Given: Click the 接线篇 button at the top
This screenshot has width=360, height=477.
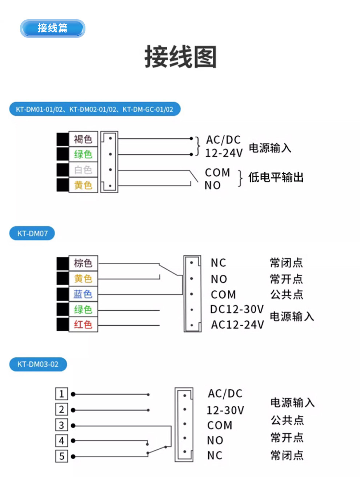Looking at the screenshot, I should pyautogui.click(x=52, y=28).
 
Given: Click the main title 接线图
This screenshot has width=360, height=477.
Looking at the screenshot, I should pyautogui.click(x=180, y=57).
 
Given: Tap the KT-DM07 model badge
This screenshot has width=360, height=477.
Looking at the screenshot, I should pyautogui.click(x=32, y=233).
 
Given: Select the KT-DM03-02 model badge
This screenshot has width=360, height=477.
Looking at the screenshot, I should pyautogui.click(x=38, y=364).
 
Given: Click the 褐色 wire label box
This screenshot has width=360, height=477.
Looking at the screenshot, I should pyautogui.click(x=83, y=139).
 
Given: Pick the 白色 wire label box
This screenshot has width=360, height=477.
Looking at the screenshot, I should pyautogui.click(x=83, y=170).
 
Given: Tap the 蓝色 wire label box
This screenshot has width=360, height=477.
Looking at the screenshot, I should pyautogui.click(x=83, y=294).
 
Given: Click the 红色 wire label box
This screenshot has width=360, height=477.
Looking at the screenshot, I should pyautogui.click(x=83, y=324).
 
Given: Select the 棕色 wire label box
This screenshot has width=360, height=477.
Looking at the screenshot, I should pyautogui.click(x=83, y=263).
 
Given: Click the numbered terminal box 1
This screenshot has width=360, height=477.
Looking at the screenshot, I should pyautogui.click(x=61, y=394).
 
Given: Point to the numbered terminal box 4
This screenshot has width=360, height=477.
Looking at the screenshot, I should pyautogui.click(x=61, y=441).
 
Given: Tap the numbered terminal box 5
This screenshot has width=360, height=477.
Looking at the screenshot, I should pyautogui.click(x=61, y=456).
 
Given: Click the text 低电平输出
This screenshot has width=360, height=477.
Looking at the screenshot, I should pyautogui.click(x=276, y=178).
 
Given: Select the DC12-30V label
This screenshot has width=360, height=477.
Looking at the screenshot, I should pyautogui.click(x=237, y=309).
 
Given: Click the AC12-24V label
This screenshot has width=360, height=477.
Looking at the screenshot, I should pyautogui.click(x=237, y=325).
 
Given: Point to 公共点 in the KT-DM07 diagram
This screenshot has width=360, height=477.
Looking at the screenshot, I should pyautogui.click(x=286, y=294).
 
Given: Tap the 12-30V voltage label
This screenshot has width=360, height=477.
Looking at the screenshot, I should pyautogui.click(x=225, y=410).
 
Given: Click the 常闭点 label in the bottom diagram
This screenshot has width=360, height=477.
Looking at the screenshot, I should pyautogui.click(x=287, y=455).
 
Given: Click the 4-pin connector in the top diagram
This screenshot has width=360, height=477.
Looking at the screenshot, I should pyautogui.click(x=109, y=162).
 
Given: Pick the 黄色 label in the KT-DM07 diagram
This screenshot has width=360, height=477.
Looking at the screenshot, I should pyautogui.click(x=83, y=279).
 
